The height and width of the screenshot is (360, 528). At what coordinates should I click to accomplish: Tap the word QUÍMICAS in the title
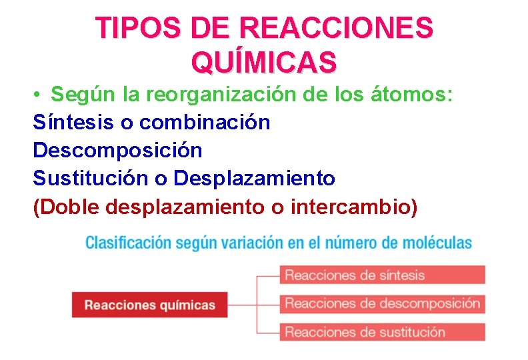point(264,62)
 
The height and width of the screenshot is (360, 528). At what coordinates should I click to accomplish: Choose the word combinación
point(205,123)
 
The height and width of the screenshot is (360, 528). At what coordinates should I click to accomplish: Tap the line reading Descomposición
point(117,151)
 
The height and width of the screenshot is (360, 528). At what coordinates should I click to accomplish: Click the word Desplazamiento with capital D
point(254,179)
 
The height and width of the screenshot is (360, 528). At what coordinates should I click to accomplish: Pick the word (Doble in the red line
point(66,207)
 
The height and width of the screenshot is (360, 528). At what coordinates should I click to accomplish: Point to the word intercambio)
point(354,207)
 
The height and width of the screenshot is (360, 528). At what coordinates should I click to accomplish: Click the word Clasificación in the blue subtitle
point(127,243)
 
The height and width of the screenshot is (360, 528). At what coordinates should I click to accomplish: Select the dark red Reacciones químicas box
point(149,305)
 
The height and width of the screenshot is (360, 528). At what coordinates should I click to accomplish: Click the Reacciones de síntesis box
point(382,275)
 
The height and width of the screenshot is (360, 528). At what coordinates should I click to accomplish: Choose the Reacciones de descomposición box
point(382,303)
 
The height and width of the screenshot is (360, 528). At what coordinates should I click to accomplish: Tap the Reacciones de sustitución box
point(382,331)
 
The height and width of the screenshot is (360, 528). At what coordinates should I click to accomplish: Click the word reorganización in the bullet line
point(210,95)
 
